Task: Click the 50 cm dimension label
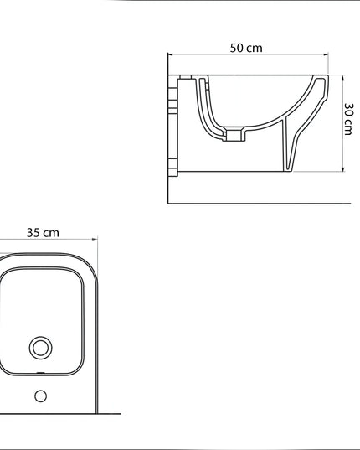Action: pos(246,48)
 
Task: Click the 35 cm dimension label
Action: pos(43,232)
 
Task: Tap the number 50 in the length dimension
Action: pos(238,48)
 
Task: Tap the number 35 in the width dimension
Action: pos(33,232)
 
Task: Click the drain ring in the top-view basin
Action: pos(40,347)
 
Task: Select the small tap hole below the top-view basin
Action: pos(40,396)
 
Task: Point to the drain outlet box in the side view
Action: pos(234,133)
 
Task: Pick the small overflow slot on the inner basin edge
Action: pos(40,370)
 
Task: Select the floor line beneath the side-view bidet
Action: pos(260,203)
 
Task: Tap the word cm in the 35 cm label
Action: pos(52,232)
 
